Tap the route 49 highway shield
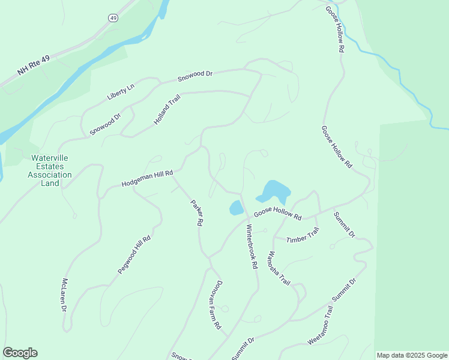[x=113, y=19]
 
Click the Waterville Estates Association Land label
[x=51, y=170]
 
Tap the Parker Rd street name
[x=196, y=212]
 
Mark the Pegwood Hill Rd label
[x=134, y=255]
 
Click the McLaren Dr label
[x=64, y=295]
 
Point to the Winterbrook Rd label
[x=252, y=246]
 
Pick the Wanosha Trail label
[x=279, y=268]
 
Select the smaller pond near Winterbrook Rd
[x=236, y=208]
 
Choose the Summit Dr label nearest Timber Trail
[x=345, y=224]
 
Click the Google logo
[x=20, y=353]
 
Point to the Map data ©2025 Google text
[x=411, y=355]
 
